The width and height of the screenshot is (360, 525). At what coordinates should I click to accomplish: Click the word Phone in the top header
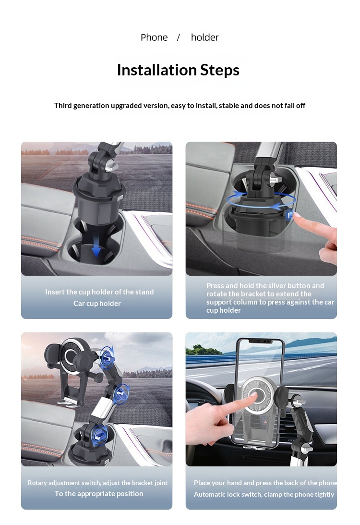[154, 37]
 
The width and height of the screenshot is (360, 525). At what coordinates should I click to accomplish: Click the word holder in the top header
[204, 37]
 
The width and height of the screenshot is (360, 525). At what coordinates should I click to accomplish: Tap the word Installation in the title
[156, 70]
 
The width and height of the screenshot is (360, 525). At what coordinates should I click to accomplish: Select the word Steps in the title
[220, 70]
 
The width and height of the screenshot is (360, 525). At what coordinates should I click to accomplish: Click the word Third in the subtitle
[63, 106]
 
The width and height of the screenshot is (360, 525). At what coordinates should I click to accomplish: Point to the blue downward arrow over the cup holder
[96, 247]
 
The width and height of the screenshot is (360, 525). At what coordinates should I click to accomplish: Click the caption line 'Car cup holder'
[97, 304]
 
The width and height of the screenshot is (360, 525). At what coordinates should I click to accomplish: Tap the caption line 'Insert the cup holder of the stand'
[99, 292]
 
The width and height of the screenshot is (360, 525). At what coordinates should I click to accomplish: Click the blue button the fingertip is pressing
[289, 214]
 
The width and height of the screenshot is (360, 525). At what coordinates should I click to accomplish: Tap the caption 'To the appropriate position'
[99, 493]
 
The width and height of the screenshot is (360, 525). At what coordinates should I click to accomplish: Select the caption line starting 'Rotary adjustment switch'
[97, 483]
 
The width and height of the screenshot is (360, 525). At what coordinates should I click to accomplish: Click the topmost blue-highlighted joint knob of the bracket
[107, 357]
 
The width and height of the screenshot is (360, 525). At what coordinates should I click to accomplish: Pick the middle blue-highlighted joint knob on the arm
[121, 393]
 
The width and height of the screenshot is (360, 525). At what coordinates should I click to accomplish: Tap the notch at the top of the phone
[262, 341]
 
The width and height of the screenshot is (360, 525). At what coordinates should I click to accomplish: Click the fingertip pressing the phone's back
[254, 396]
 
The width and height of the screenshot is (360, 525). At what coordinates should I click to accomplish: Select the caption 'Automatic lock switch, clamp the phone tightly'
[264, 495]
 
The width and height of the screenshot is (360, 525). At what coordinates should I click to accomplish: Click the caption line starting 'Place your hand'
[265, 483]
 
